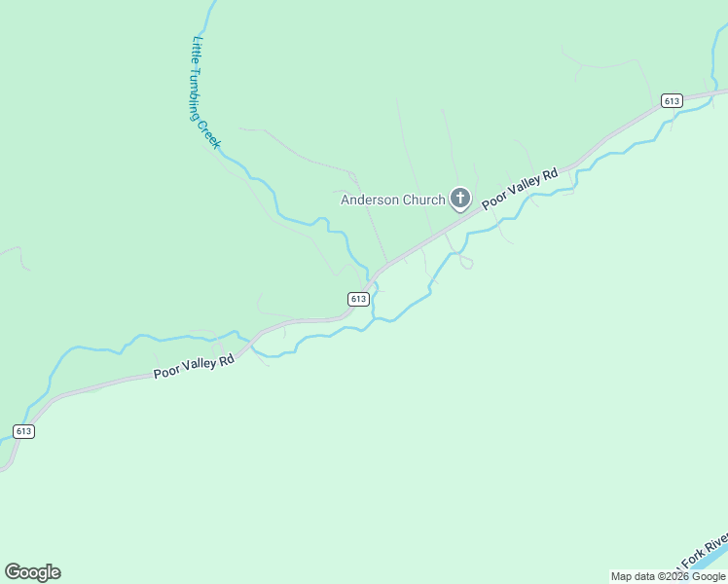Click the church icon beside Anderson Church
[x=460, y=200]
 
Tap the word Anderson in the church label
[x=370, y=201]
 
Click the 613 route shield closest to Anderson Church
[x=358, y=299]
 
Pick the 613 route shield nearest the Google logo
[x=24, y=431]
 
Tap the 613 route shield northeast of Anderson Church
[x=671, y=100]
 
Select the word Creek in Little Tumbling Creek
[x=211, y=135]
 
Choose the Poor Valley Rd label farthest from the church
[x=195, y=367]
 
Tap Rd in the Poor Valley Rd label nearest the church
[x=550, y=174]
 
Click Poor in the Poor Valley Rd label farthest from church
[x=166, y=372]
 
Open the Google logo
[x=32, y=572]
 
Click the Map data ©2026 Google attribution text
[x=668, y=576]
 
